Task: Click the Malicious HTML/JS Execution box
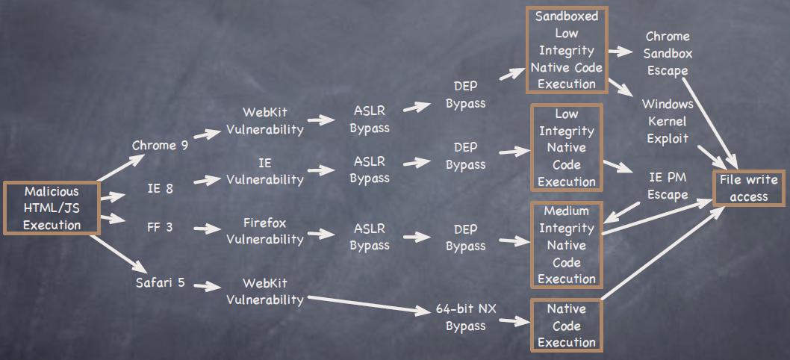tap(51, 208)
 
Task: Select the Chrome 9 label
tap(160, 145)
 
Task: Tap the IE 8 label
tap(160, 188)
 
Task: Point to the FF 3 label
tap(160, 226)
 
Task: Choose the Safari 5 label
tap(160, 282)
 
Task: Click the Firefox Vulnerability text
tap(264, 231)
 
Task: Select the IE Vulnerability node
tap(264, 171)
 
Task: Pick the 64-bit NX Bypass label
tap(465, 317)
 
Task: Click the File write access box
tap(748, 188)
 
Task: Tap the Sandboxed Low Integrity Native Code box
tap(567, 50)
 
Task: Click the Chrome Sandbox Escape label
tap(667, 53)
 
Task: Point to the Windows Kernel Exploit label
tap(667, 121)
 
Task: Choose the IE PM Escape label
tap(667, 187)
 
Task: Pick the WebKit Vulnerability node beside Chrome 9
tap(264, 120)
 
